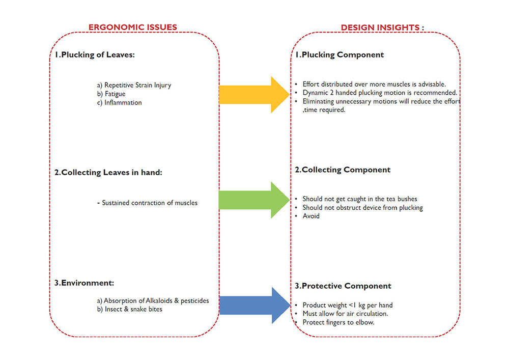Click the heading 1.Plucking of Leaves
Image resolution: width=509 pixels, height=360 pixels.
pyautogui.click(x=95, y=55)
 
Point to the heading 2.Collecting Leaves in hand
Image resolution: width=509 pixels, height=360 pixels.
pyautogui.click(x=108, y=172)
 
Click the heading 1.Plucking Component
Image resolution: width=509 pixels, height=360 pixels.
pyautogui.click(x=340, y=54)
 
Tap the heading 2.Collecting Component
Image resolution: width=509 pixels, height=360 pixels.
pyautogui.click(x=343, y=170)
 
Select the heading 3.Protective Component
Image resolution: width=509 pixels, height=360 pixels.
pyautogui.click(x=343, y=286)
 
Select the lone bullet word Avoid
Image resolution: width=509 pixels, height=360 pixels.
pyautogui.click(x=310, y=216)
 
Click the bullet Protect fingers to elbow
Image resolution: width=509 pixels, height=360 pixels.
pyautogui.click(x=338, y=322)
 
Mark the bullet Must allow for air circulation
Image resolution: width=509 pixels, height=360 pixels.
pyautogui.click(x=345, y=313)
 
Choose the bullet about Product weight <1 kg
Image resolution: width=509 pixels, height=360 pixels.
pyautogui.click(x=347, y=305)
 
